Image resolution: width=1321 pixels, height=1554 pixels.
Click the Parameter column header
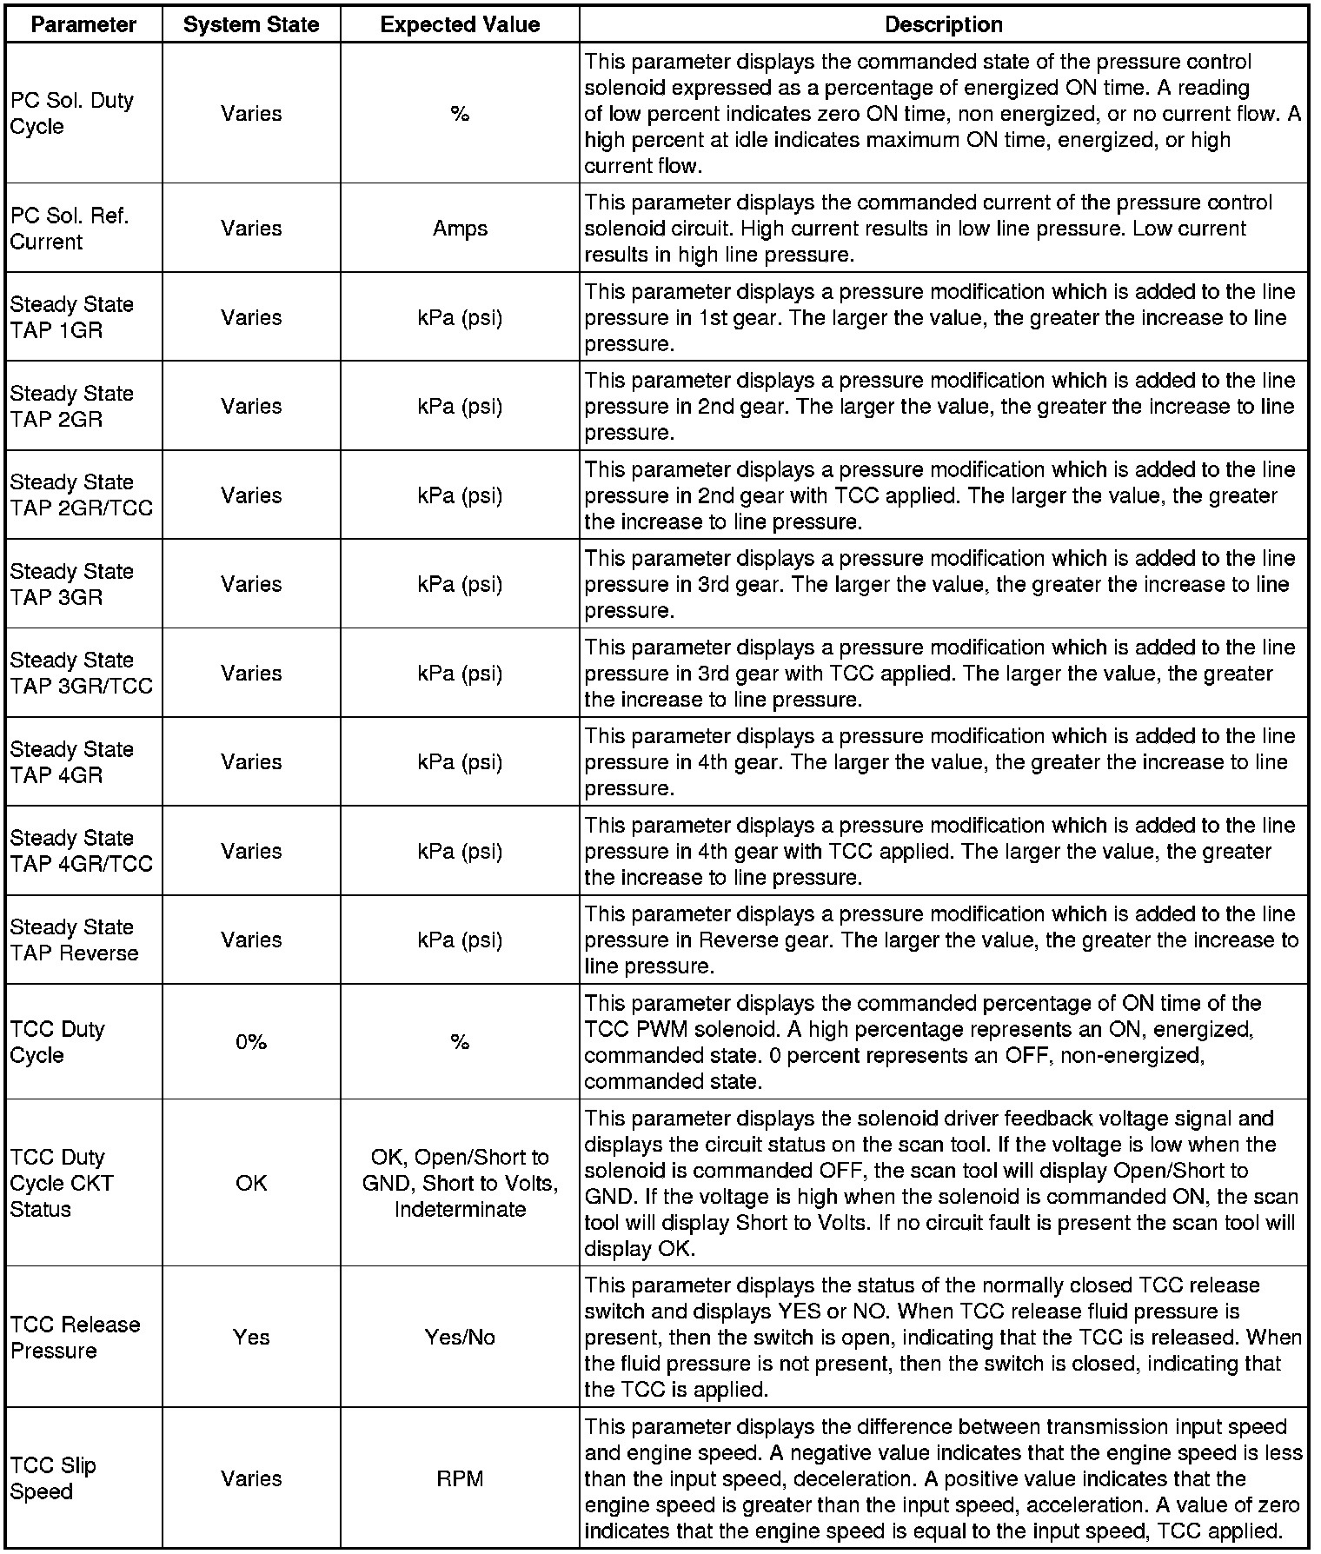[83, 24]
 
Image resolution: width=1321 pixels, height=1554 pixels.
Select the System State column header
[251, 24]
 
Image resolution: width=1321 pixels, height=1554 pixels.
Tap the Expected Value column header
[460, 24]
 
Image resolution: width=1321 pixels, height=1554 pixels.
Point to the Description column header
[943, 24]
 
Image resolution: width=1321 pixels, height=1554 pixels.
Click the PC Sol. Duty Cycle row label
[72, 113]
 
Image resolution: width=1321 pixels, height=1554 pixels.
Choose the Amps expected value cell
[460, 229]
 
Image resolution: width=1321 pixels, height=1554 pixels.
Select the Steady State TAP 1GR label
[72, 317]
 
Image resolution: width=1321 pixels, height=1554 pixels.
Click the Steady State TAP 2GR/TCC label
[81, 495]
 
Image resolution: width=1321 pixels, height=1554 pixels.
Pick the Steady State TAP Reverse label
[74, 940]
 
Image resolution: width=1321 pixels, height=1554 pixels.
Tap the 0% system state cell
[251, 1041]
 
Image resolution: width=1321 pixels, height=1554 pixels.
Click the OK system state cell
[251, 1183]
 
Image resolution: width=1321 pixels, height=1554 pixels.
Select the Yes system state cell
[251, 1337]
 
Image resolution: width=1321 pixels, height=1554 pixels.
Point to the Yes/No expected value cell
[460, 1337]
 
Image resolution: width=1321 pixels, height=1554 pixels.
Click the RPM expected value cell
[460, 1478]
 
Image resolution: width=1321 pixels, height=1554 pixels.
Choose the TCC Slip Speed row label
[53, 1478]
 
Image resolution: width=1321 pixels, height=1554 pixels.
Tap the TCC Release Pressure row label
[75, 1337]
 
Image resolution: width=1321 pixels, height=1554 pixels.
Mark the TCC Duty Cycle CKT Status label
[62, 1183]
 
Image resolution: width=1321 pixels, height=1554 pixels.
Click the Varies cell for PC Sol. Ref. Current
[251, 229]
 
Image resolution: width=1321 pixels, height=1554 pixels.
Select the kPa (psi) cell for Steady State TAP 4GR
[460, 762]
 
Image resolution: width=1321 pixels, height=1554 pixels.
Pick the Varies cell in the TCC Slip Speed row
[251, 1478]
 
